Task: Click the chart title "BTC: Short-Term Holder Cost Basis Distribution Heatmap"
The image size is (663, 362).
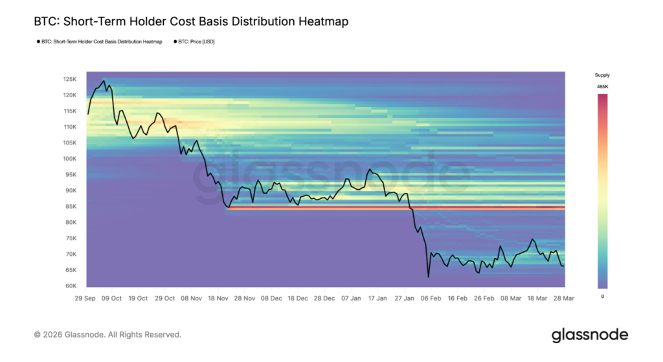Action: tap(191, 21)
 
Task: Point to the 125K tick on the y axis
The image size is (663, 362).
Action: tap(70, 80)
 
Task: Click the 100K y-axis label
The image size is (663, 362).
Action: tap(70, 159)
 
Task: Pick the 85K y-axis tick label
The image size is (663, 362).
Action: tap(71, 207)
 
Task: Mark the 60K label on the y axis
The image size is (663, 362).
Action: tap(71, 286)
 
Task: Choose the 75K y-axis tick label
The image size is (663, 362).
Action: tap(71, 238)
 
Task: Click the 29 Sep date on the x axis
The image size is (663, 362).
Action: tap(85, 299)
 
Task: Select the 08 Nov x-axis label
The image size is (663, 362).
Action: tap(191, 299)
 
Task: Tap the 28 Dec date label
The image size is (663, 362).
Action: tap(324, 299)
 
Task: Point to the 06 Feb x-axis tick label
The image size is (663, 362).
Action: tap(431, 299)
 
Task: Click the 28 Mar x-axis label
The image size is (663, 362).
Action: tap(564, 299)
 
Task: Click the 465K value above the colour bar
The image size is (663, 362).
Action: tap(603, 87)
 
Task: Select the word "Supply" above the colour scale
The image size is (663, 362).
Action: tap(603, 75)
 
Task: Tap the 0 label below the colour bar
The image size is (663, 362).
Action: tap(603, 297)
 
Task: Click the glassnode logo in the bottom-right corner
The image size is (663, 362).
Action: tap(590, 335)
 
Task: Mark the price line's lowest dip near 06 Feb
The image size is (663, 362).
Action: tap(429, 277)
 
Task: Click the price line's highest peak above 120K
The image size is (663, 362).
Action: tap(104, 81)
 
